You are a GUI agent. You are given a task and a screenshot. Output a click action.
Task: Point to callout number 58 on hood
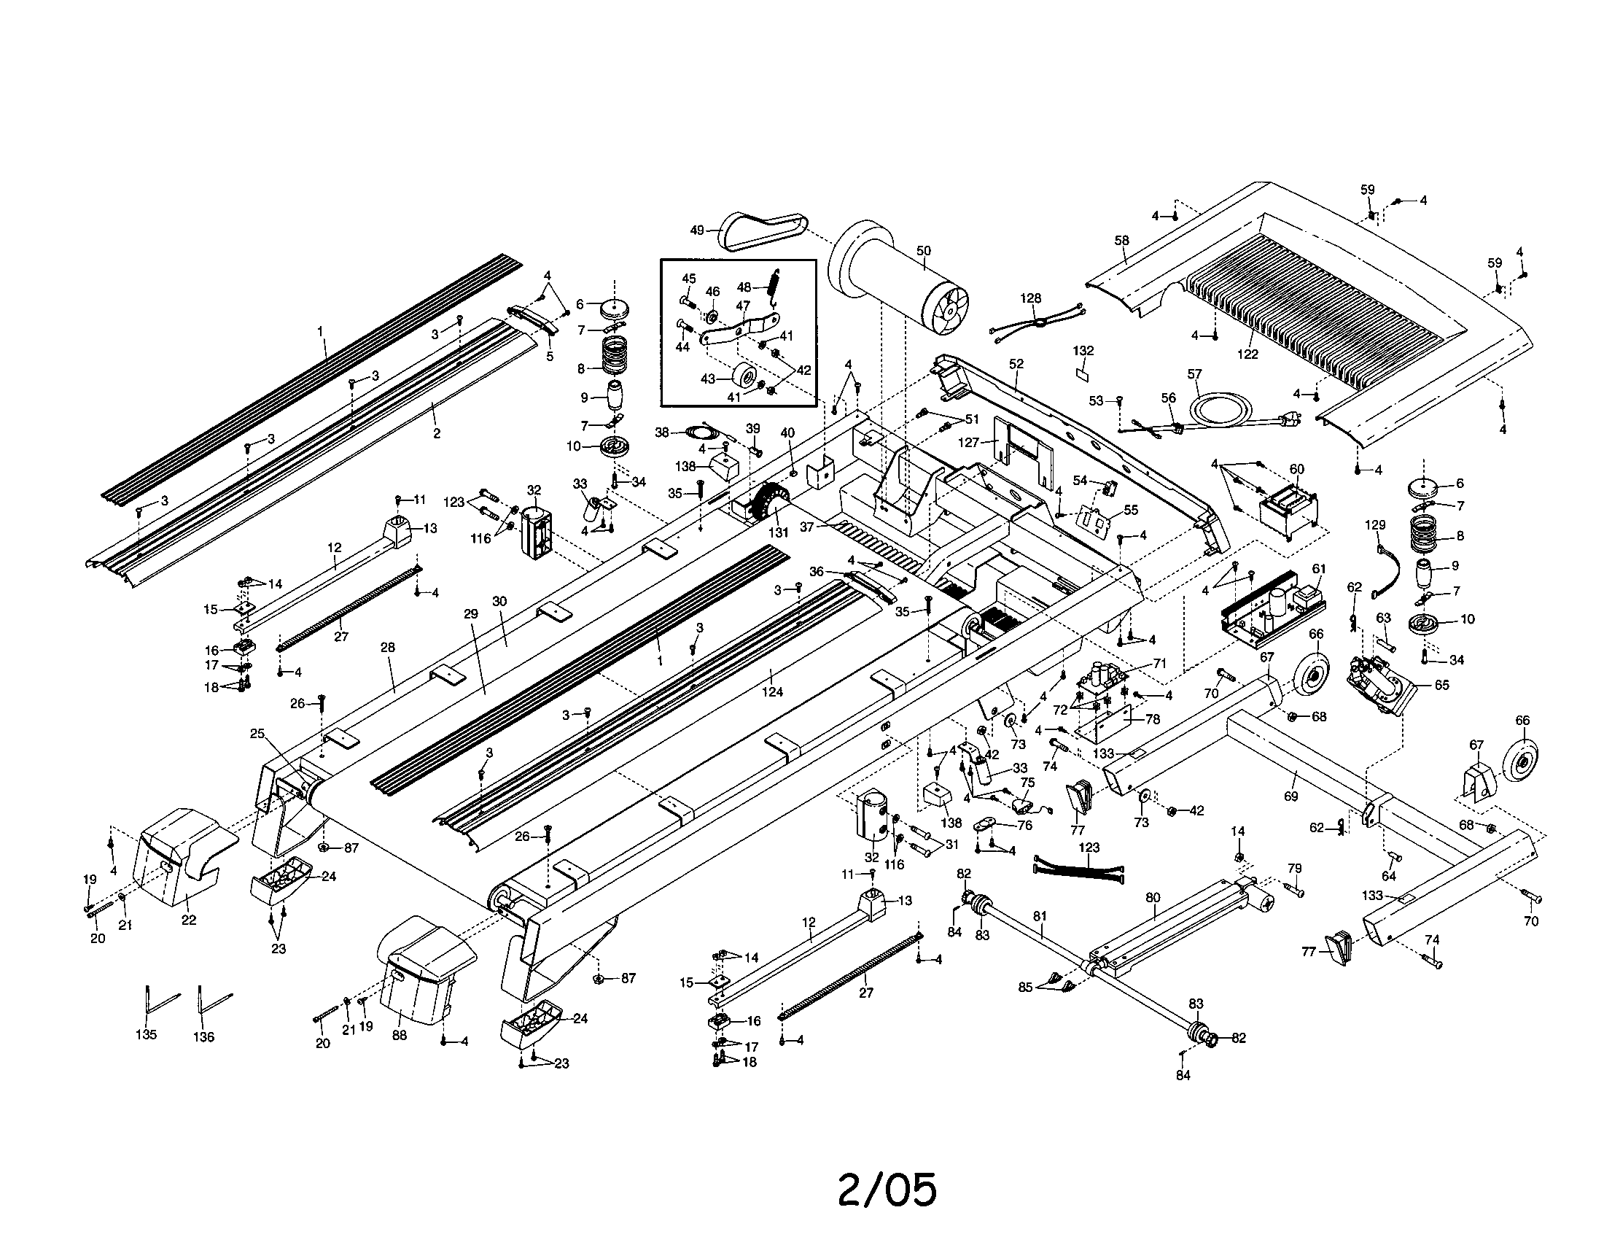[x=1121, y=240]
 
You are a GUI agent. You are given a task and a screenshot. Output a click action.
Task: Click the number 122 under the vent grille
[x=1247, y=354]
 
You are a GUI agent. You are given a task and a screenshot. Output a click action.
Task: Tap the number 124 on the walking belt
[x=773, y=691]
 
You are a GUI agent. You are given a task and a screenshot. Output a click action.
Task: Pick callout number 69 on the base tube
[x=1290, y=796]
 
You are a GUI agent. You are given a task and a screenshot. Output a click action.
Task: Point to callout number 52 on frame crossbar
[x=1016, y=364]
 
